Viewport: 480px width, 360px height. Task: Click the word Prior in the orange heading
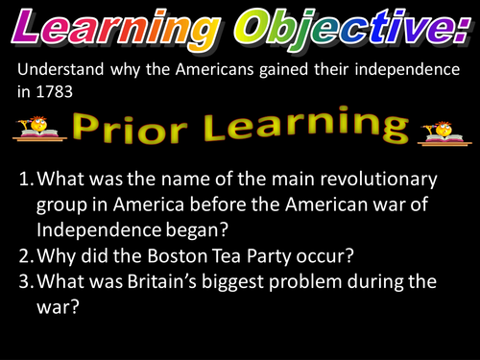point(133,129)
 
